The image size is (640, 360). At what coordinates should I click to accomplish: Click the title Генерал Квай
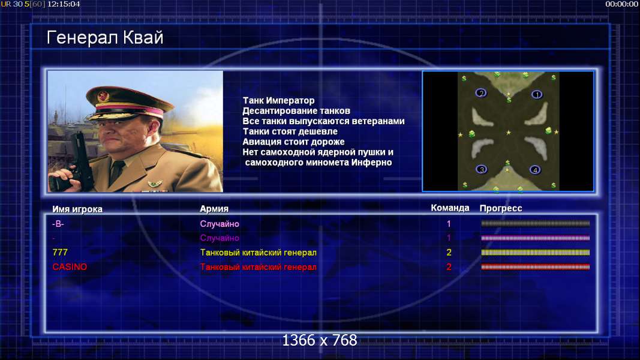(105, 38)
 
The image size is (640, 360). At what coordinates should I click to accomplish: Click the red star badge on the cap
(103, 97)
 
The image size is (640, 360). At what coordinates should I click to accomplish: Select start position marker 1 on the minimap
(537, 95)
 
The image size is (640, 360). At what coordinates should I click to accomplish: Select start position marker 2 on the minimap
(481, 93)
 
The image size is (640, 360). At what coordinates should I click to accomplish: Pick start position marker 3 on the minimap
(481, 169)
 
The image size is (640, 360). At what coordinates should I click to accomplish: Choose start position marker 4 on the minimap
(534, 170)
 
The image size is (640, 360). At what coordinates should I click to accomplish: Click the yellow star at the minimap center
(508, 133)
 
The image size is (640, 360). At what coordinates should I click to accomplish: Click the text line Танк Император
(279, 100)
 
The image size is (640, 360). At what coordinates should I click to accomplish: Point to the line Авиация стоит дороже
(293, 142)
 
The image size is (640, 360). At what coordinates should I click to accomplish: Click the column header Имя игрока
(77, 209)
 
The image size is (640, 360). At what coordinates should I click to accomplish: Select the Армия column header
(214, 209)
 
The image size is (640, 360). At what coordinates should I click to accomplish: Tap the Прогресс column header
(501, 208)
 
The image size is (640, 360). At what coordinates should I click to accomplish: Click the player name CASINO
(70, 267)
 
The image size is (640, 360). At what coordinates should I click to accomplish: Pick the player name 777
(60, 252)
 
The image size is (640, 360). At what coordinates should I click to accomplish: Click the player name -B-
(58, 224)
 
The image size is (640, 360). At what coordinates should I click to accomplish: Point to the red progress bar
(536, 267)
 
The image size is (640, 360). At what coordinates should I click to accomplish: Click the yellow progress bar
(536, 253)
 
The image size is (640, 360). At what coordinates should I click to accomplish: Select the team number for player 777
(449, 253)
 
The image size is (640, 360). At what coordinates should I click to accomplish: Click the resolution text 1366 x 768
(320, 340)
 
